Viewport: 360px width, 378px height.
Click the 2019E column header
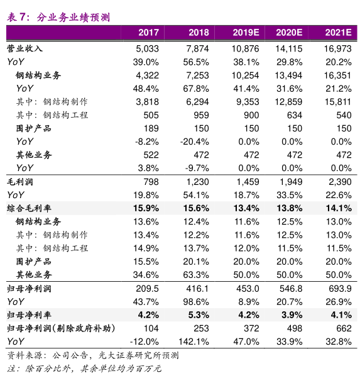246,33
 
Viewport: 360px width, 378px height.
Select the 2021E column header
339,33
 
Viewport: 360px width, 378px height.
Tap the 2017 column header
148,33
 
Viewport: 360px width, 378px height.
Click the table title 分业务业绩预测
74,18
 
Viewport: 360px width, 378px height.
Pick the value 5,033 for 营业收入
148,49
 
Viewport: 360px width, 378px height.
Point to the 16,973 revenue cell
337,49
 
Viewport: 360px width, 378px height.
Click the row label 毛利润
20,182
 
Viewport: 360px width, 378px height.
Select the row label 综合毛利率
29,208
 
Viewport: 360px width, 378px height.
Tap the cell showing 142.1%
194,342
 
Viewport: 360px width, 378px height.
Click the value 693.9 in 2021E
340,289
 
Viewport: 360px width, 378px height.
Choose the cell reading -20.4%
195,142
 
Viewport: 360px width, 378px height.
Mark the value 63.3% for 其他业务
196,275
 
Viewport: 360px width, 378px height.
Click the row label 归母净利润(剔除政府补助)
61,328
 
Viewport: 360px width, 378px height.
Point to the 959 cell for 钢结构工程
202,115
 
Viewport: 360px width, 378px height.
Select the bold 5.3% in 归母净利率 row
198,315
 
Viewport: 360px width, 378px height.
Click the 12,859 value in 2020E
289,102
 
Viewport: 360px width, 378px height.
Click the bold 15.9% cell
146,208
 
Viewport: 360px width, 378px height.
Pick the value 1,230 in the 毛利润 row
198,182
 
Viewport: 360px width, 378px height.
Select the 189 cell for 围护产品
151,128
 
